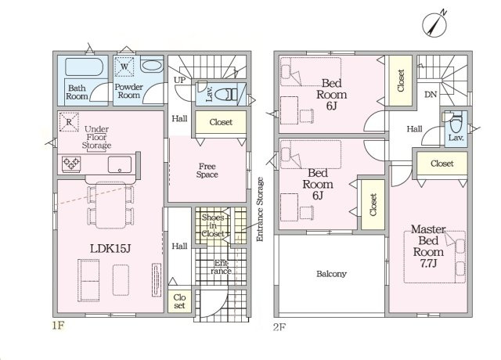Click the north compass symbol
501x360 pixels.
click(434, 24)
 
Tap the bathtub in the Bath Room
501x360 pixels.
click(84, 67)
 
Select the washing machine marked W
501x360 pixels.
click(124, 67)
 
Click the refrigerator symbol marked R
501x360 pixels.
click(69, 122)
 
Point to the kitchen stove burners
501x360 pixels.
click(71, 164)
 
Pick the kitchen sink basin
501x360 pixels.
click(120, 164)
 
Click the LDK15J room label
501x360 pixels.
click(110, 249)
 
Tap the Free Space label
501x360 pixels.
click(207, 171)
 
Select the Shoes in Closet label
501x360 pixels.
click(213, 225)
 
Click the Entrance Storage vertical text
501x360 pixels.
click(260, 209)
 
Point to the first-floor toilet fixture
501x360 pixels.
click(226, 95)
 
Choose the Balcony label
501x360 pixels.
click(331, 274)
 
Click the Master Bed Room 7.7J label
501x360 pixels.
click(428, 246)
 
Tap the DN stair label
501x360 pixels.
click(431, 95)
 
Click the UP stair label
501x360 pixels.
click(179, 80)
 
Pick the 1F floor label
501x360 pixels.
click(59, 326)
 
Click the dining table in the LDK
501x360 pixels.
click(110, 205)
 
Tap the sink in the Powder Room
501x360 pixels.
click(152, 66)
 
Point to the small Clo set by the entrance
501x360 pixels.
click(179, 301)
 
